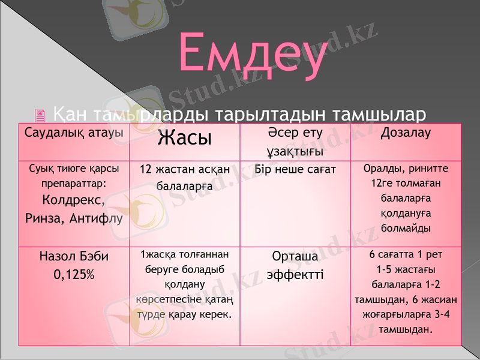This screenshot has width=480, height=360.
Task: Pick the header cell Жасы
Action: [184, 139]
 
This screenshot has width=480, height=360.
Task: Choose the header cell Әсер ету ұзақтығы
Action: [295, 142]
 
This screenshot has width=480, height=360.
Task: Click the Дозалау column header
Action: [406, 133]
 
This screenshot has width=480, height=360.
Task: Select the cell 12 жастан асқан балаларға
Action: [184, 178]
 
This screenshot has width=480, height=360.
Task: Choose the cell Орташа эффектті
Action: [295, 265]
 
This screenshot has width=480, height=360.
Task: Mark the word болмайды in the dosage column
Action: [406, 229]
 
